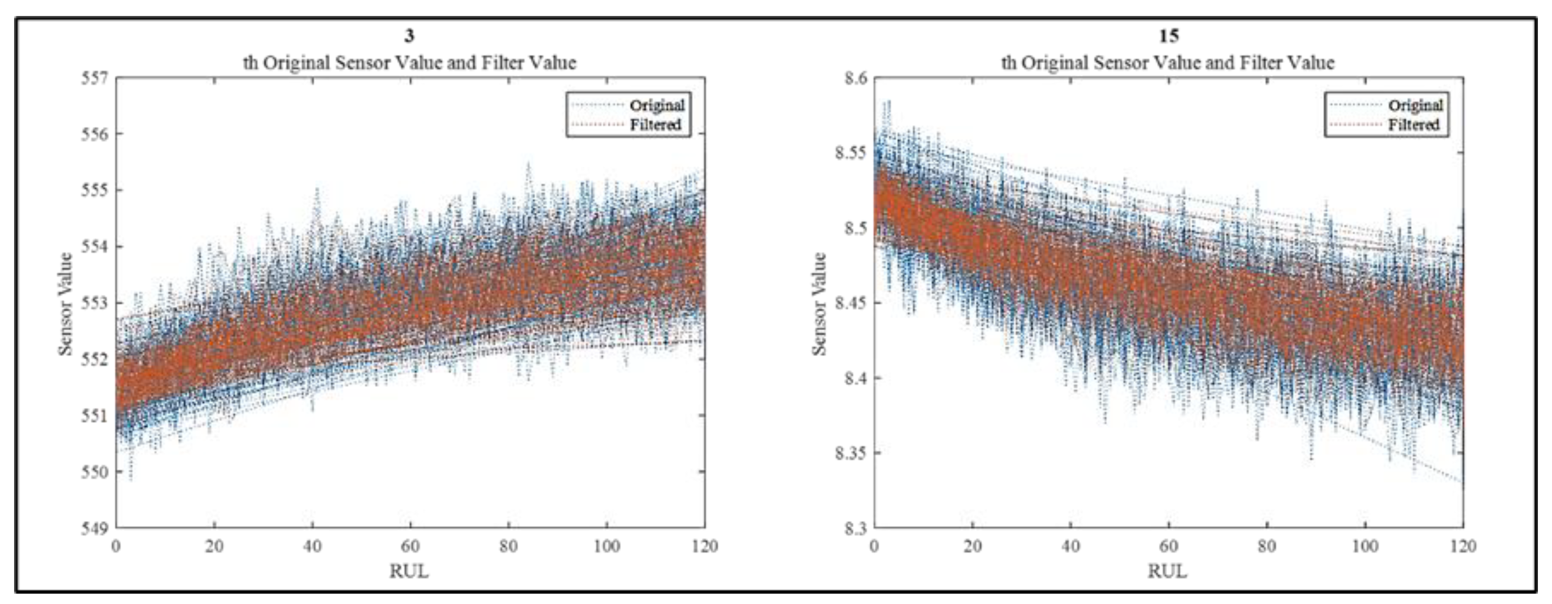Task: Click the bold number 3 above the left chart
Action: pos(409,36)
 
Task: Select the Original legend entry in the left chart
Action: pos(657,105)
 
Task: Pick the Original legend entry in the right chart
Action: pos(1415,105)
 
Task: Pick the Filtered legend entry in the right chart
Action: pos(1413,125)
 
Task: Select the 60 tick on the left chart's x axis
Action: pos(410,546)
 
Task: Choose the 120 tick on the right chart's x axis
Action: pos(1463,546)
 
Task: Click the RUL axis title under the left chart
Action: pos(409,571)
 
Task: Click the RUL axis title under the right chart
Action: pos(1168,571)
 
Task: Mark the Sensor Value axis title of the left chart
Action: pos(65,303)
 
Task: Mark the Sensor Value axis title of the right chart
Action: pos(819,303)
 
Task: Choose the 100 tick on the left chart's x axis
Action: pos(606,546)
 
